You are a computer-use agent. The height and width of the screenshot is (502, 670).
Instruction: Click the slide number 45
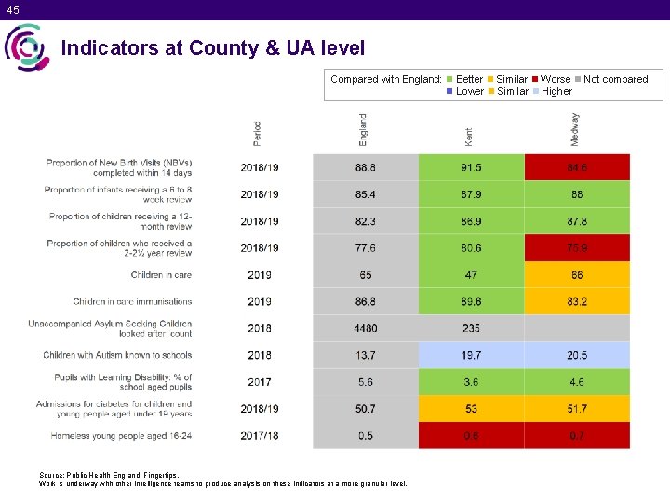point(12,10)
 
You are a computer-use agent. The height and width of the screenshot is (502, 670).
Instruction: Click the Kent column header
point(469,136)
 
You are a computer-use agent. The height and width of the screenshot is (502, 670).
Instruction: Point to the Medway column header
point(576,129)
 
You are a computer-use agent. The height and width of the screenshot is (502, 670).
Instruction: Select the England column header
point(364,129)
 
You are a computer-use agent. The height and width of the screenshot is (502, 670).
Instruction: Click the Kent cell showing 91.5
point(471,167)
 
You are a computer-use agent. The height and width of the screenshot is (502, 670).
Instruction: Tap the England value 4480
point(366,328)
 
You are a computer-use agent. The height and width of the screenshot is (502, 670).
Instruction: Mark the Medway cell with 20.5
point(577,355)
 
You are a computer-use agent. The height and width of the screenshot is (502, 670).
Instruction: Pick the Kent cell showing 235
point(471,328)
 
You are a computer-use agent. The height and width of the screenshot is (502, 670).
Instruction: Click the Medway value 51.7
point(577,409)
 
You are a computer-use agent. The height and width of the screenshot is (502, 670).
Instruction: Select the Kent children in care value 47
point(471,275)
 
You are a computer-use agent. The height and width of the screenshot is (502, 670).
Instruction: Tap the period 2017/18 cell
point(260,436)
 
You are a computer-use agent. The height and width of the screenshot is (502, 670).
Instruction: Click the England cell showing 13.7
point(366,355)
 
